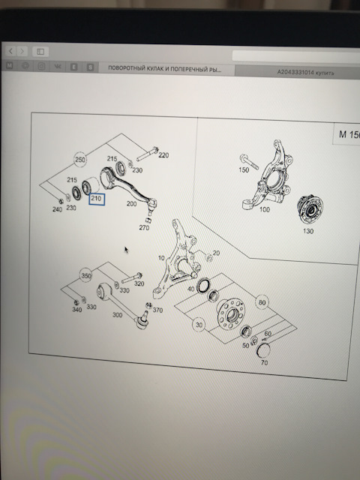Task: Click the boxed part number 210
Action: (96, 199)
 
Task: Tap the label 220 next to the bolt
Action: (163, 156)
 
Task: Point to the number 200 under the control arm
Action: (132, 203)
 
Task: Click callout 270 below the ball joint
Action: (145, 227)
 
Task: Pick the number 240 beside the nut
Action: (57, 209)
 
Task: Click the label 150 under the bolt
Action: (244, 170)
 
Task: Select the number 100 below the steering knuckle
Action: (264, 209)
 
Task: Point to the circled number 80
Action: (262, 303)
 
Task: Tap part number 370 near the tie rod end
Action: (157, 310)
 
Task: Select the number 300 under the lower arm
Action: (117, 316)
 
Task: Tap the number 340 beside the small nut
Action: (76, 309)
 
